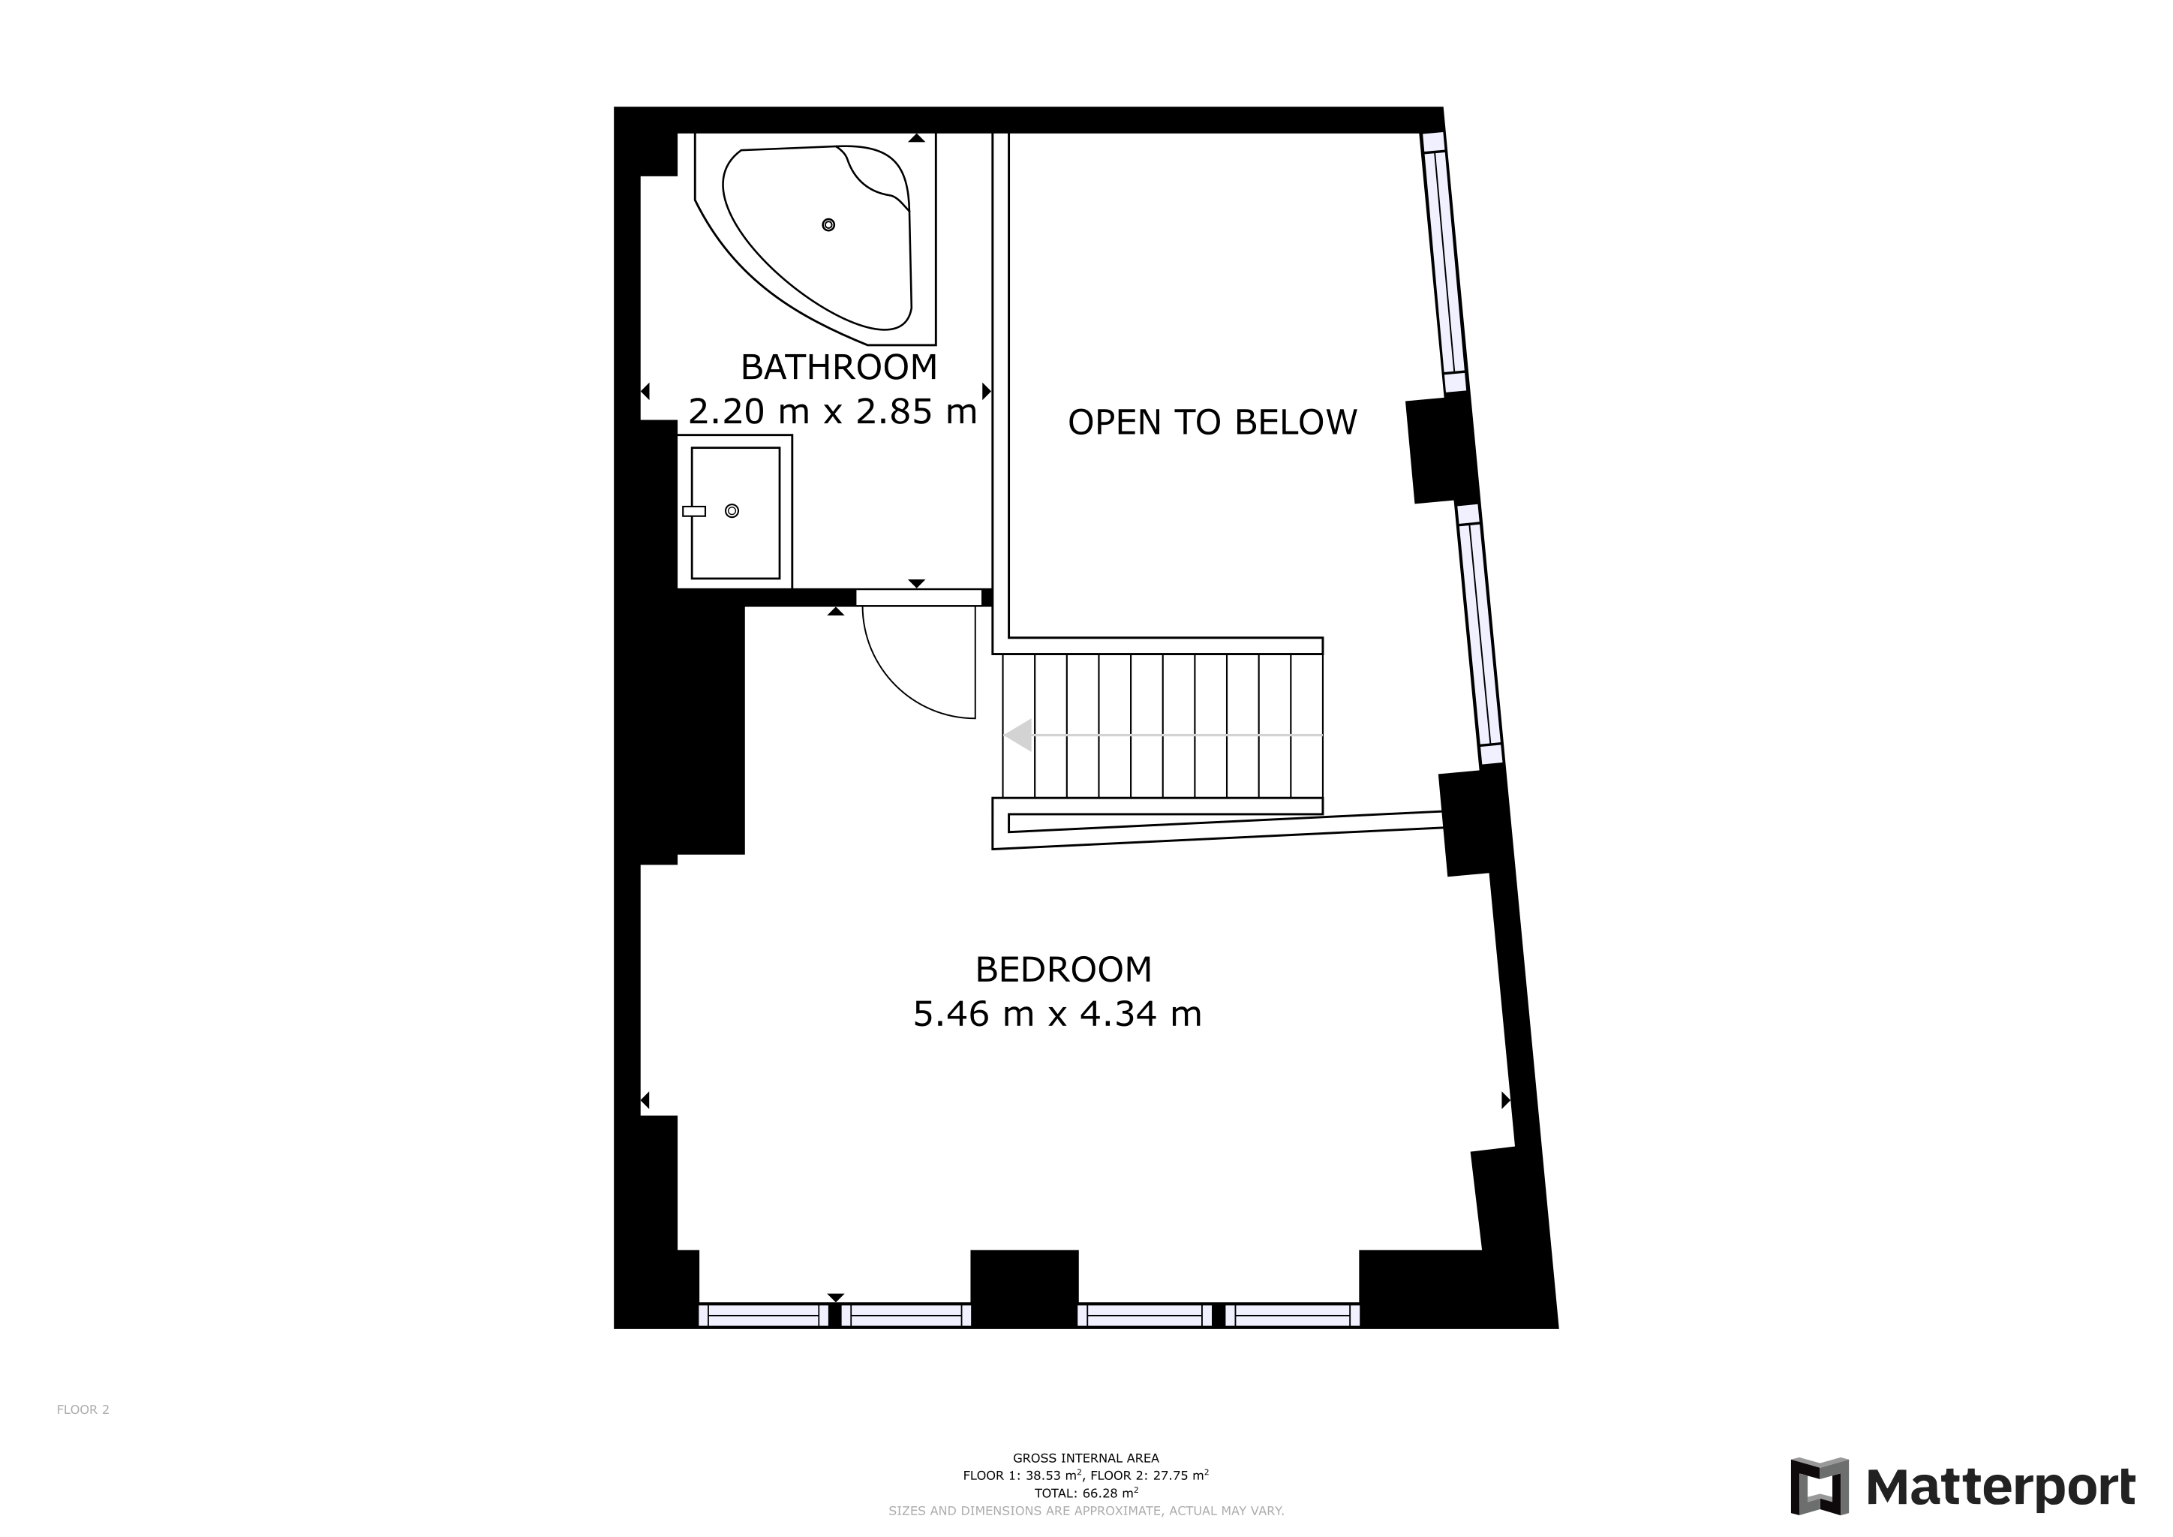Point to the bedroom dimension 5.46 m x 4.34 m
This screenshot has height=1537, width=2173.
click(1056, 1014)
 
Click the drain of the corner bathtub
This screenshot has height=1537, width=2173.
click(828, 224)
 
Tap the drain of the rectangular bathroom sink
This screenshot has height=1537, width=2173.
click(732, 511)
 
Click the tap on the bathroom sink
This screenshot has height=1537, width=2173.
click(694, 511)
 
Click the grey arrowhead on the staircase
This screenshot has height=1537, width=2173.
click(1018, 735)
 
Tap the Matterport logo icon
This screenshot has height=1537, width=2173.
click(1819, 1487)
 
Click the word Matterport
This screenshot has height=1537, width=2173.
click(2000, 1487)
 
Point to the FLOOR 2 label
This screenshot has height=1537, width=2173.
click(83, 1409)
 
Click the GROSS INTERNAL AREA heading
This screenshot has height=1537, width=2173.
click(1086, 1458)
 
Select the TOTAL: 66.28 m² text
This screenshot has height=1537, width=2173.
click(1086, 1493)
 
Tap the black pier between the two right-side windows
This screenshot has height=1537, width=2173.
click(1441, 450)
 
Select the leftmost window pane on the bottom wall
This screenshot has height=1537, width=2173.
click(763, 1316)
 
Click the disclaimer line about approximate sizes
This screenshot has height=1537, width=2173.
click(1086, 1511)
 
